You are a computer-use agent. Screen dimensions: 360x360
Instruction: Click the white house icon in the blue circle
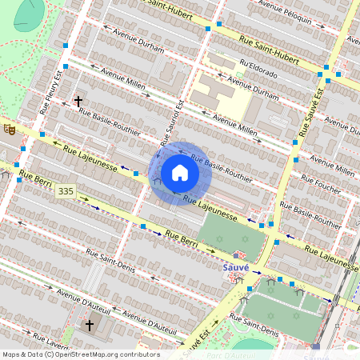click(x=180, y=173)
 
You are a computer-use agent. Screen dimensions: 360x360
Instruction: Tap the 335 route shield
click(x=66, y=192)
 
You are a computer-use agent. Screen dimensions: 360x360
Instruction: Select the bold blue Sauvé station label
click(x=235, y=266)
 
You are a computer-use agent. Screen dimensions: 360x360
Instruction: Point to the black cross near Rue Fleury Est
click(x=78, y=102)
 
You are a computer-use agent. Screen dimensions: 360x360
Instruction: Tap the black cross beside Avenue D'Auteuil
click(x=90, y=326)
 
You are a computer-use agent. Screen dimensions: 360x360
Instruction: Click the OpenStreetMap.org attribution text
click(x=80, y=354)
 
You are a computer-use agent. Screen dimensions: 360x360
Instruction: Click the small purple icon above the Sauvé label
click(x=234, y=255)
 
